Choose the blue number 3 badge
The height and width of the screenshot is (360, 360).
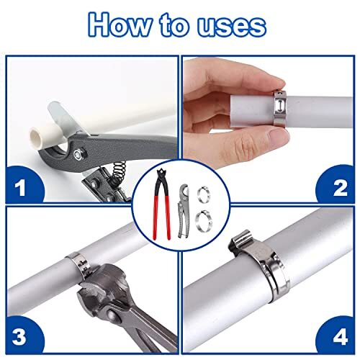point(21,335)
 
